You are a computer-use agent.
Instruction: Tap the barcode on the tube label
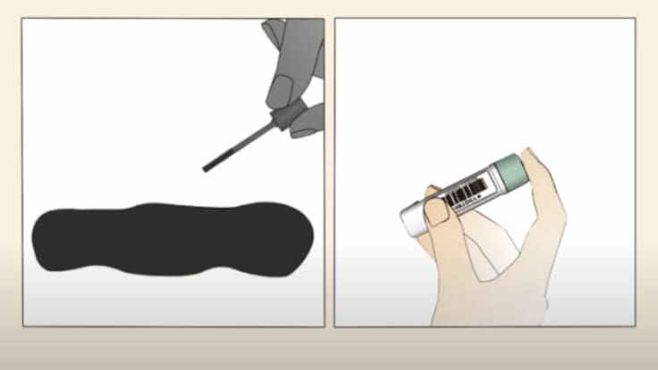[x=466, y=190]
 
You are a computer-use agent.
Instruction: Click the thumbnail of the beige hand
[x=435, y=210]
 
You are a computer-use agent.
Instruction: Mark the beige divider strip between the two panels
[x=329, y=179]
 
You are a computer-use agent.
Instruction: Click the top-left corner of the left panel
[x=23, y=19]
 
